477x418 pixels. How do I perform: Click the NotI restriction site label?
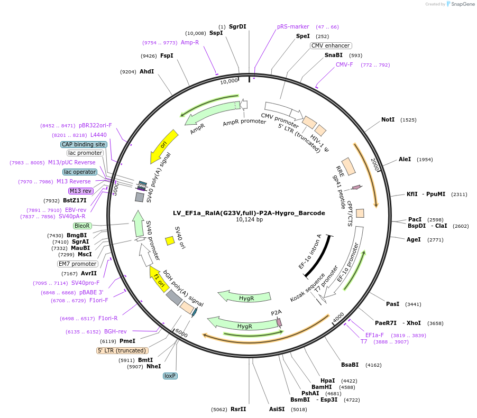[388, 120]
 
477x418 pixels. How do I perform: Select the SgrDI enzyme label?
[237, 26]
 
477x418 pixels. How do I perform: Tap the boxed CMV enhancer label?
[331, 46]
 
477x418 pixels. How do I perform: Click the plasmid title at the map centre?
[249, 213]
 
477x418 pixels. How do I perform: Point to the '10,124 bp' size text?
[249, 220]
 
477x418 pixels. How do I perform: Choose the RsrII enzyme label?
[238, 409]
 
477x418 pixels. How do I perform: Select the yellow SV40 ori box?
[170, 240]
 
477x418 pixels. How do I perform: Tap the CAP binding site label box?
[84, 144]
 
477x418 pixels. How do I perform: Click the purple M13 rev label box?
[80, 191]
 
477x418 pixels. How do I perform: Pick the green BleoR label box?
[82, 226]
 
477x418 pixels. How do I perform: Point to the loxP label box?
[170, 376]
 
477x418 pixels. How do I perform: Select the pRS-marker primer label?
[293, 26]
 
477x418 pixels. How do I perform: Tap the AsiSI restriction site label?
[277, 409]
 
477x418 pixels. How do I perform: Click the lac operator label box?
[80, 172]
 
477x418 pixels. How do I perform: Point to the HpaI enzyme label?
[328, 380]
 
